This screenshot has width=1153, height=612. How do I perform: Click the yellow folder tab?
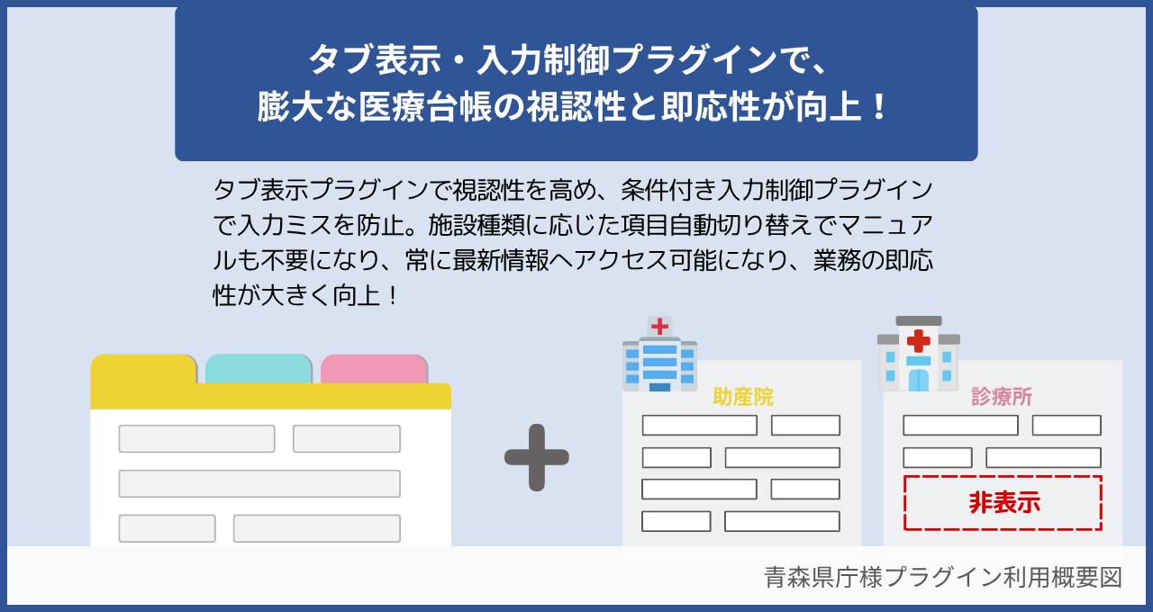coord(143,369)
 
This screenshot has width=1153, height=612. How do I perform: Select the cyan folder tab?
coord(259,368)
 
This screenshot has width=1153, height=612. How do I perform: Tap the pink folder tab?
coord(374,368)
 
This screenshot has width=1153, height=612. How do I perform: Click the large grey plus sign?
coord(537,457)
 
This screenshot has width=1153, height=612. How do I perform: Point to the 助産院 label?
coord(742,396)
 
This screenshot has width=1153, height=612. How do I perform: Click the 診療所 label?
coord(1002,397)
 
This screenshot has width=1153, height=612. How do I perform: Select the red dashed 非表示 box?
coord(1003,502)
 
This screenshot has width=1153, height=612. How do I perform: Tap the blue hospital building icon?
coord(659,355)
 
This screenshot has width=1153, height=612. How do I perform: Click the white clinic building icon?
coord(918,355)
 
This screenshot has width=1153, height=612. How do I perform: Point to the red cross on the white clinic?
coord(918,341)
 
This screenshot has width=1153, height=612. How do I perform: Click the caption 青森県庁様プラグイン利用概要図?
coord(942,577)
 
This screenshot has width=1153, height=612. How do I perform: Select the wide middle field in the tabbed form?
coord(259,483)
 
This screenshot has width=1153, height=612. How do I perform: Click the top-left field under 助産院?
coord(699,426)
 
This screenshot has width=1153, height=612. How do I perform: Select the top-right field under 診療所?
coord(1067,426)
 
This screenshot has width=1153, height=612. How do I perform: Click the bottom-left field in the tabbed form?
coord(167,528)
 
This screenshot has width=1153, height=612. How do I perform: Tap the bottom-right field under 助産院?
coord(782,521)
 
